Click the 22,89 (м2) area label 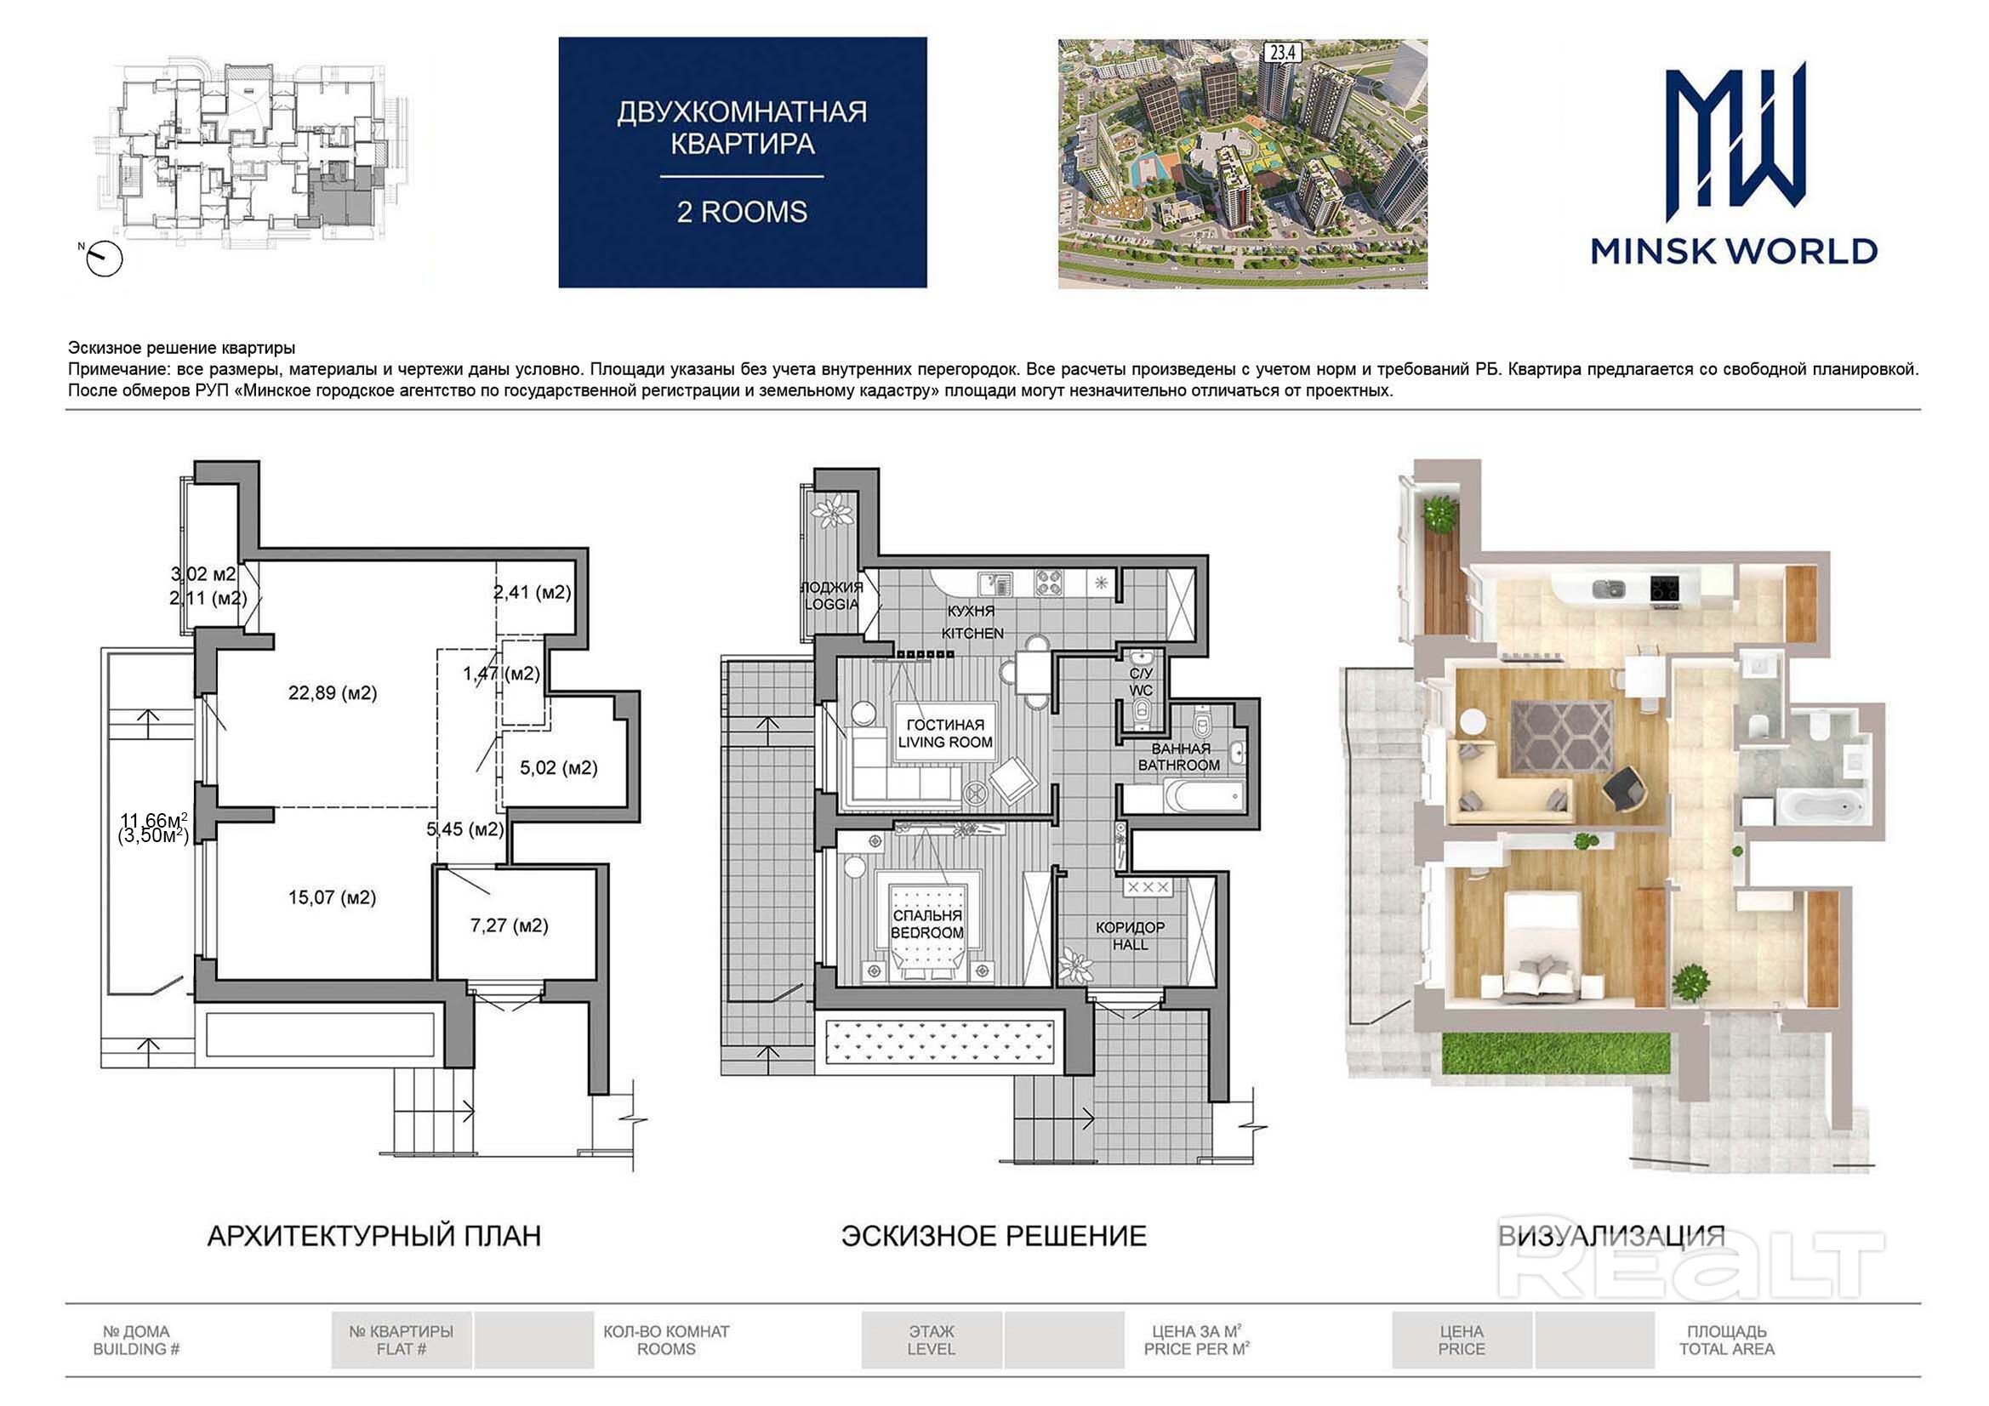[x=333, y=693]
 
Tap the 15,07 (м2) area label [x=333, y=897]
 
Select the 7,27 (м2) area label [x=510, y=925]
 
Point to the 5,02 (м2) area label [x=559, y=767]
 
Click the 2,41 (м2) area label [x=532, y=593]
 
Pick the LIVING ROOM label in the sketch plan [x=945, y=743]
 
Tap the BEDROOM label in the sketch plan [x=927, y=933]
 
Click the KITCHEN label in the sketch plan [x=973, y=634]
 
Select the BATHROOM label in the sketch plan [x=1179, y=765]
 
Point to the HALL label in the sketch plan [x=1131, y=944]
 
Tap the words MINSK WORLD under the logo [x=1735, y=251]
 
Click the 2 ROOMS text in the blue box [x=742, y=213]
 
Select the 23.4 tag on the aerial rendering [x=1283, y=53]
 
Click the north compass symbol [x=104, y=259]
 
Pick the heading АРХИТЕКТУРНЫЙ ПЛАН [x=374, y=1236]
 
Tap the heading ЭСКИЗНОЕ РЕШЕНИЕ [x=994, y=1236]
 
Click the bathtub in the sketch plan [x=1201, y=794]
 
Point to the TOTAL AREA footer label [x=1726, y=1350]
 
